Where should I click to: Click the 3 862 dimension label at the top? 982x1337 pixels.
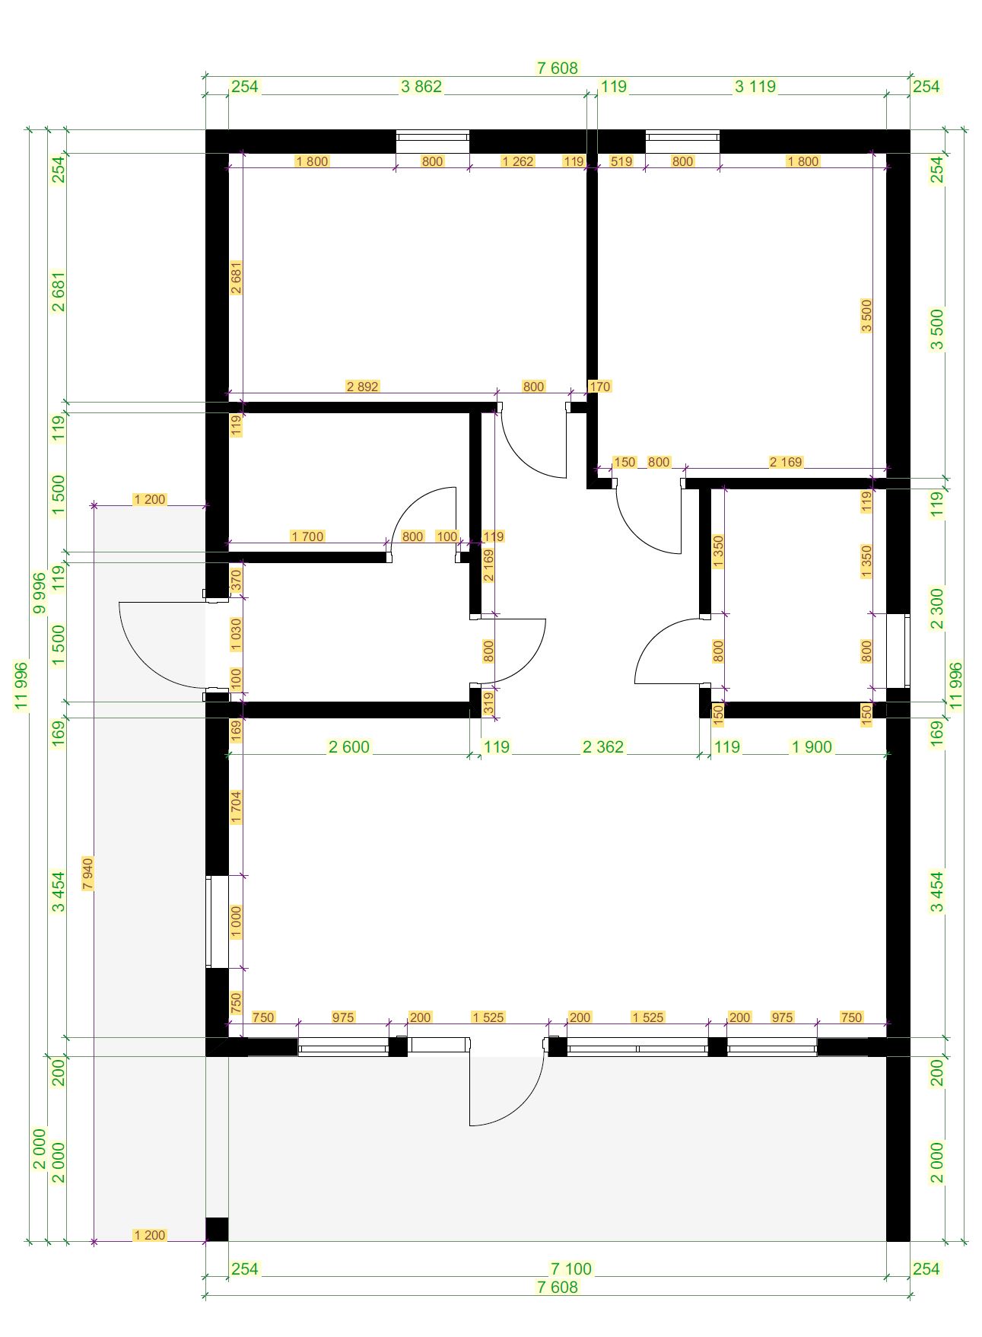421,87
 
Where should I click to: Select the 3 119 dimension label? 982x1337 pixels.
755,87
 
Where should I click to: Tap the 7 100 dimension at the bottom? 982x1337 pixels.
571,1269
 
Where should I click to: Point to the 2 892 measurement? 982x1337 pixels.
362,387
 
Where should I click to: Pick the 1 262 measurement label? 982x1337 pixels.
517,161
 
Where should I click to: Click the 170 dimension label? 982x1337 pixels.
599,387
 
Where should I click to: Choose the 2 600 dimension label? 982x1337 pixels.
349,747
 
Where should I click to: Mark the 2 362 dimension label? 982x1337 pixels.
603,747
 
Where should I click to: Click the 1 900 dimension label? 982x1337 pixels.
812,747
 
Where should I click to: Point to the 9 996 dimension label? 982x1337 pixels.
40,593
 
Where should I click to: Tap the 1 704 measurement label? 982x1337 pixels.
236,807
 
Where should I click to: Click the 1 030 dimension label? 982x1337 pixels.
236,635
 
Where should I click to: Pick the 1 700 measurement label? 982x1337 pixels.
307,536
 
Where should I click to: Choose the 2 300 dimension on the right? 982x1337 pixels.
937,609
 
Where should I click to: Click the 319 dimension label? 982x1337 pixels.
488,701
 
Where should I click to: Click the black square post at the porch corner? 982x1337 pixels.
217,1229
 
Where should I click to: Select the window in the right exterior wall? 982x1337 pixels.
898,651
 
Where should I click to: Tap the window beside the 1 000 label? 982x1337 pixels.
217,922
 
